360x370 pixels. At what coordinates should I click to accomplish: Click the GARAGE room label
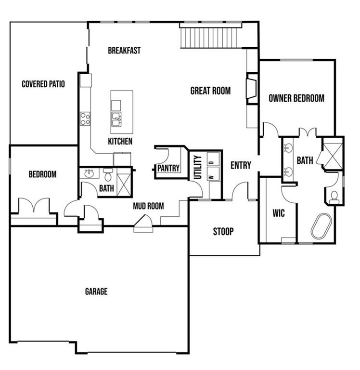[x=96, y=291]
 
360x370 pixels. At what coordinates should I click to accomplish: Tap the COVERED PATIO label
[x=43, y=84]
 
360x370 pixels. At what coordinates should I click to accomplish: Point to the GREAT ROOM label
[x=210, y=91]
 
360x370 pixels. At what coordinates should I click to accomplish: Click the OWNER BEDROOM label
[x=296, y=98]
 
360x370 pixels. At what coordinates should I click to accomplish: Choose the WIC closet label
[x=278, y=212]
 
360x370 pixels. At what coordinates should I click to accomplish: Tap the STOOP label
[x=223, y=232]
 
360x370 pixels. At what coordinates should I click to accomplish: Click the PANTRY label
[x=168, y=168]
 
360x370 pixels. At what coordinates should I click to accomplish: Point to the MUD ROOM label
[x=148, y=206]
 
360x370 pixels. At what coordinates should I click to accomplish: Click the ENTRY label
[x=241, y=165]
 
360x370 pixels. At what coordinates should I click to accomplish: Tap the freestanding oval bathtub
[x=319, y=227]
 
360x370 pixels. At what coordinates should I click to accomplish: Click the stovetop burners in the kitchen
[x=85, y=119]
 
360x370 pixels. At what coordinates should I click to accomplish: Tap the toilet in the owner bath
[x=334, y=195]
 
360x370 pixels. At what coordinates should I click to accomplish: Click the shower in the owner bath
[x=333, y=153]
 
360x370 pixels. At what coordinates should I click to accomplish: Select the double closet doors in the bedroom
[x=33, y=206]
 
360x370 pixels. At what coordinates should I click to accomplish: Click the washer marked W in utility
[x=211, y=176]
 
